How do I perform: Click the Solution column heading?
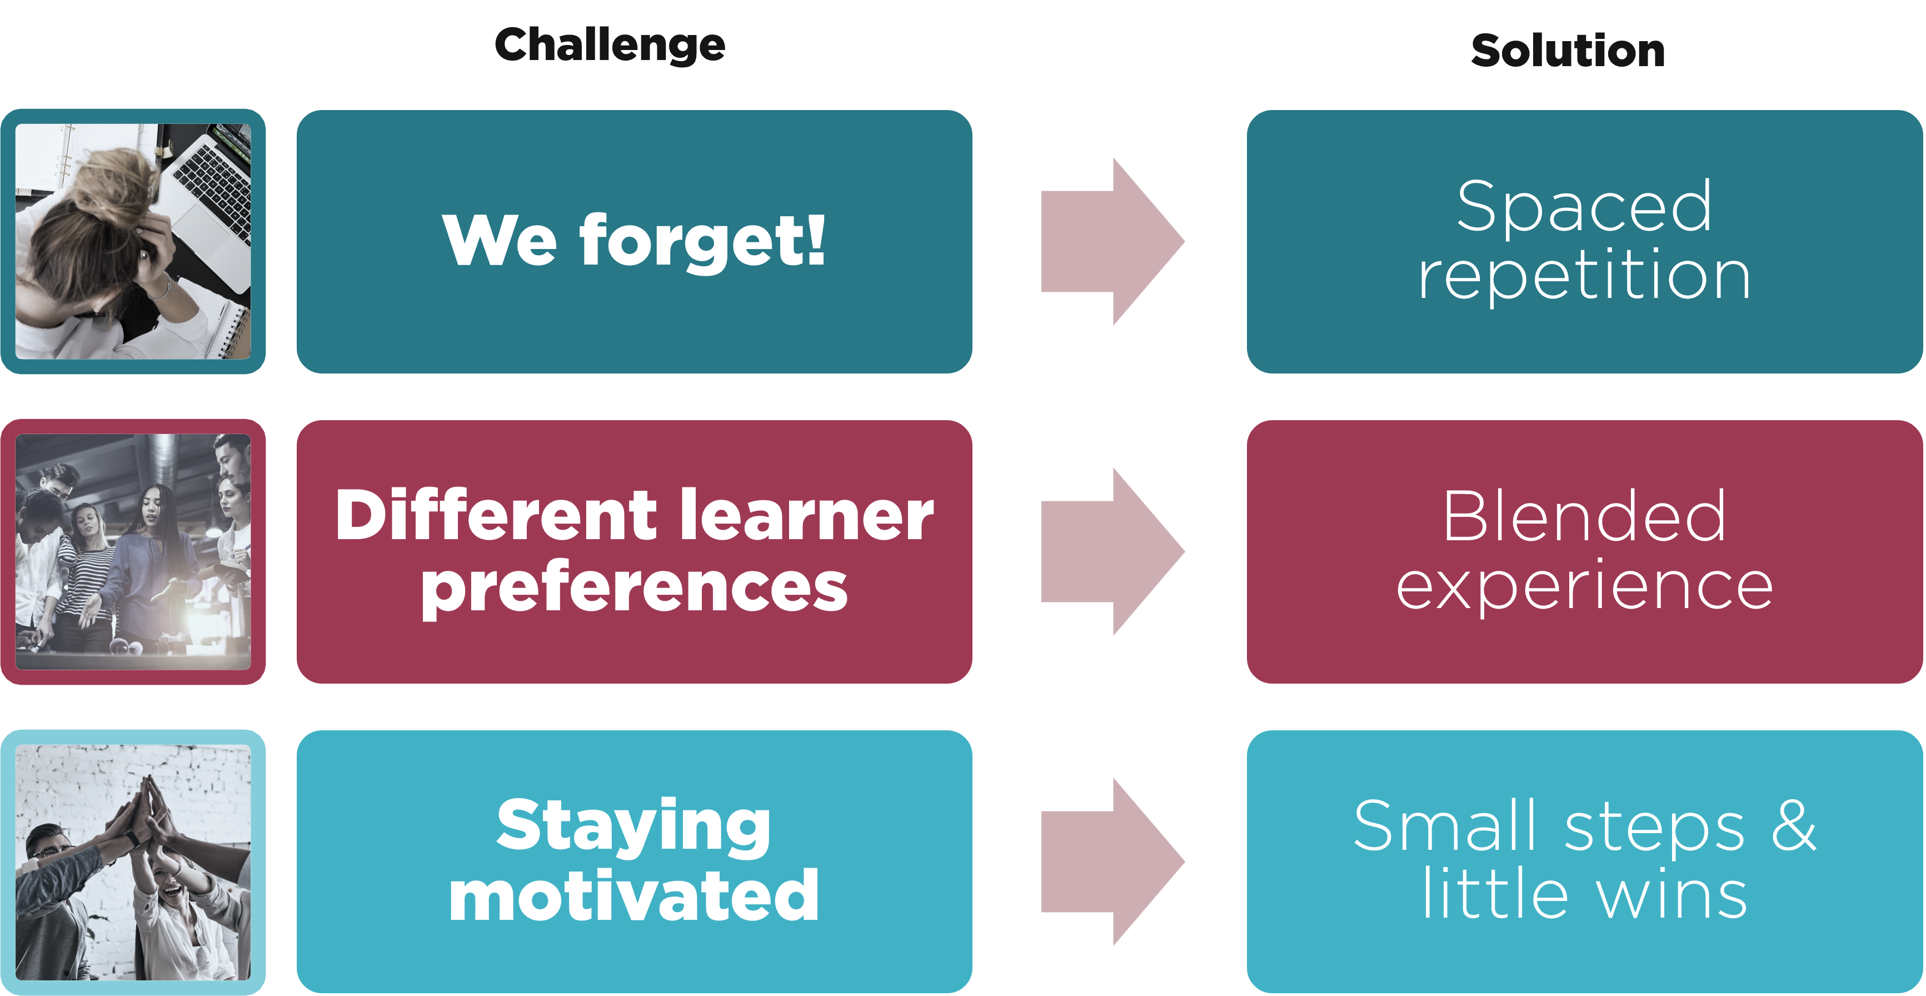1568,51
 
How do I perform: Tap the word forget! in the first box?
703,241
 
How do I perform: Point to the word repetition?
1584,275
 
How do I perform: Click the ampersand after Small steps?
1793,825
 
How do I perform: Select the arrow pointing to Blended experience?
1112,552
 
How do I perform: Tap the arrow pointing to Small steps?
1112,862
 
